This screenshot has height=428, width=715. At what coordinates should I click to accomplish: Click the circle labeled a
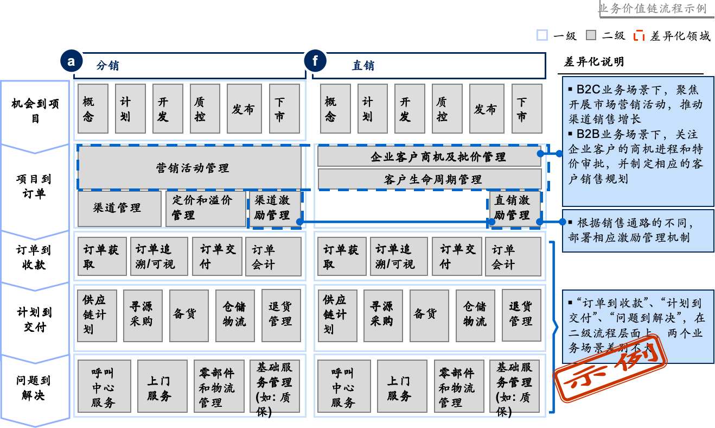[71, 61]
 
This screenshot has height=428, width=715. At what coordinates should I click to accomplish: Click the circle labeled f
[315, 61]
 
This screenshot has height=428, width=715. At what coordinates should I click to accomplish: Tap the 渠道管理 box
[119, 208]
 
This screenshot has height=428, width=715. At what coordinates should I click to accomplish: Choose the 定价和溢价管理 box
[206, 208]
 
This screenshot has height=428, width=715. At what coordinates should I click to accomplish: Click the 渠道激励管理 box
[274, 208]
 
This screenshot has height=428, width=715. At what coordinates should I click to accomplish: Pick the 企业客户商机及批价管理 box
[429, 156]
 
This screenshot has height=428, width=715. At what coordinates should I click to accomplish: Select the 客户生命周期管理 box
[429, 179]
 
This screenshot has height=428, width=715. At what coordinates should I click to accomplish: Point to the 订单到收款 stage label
[34, 257]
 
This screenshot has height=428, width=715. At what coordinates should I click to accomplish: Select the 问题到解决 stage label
[34, 388]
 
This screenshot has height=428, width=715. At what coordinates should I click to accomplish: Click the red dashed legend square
[639, 35]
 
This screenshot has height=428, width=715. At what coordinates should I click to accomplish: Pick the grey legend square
[591, 35]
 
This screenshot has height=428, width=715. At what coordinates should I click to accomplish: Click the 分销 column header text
[107, 66]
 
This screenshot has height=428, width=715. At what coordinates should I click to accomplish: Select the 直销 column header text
[363, 66]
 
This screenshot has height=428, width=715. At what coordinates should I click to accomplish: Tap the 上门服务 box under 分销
[159, 388]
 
